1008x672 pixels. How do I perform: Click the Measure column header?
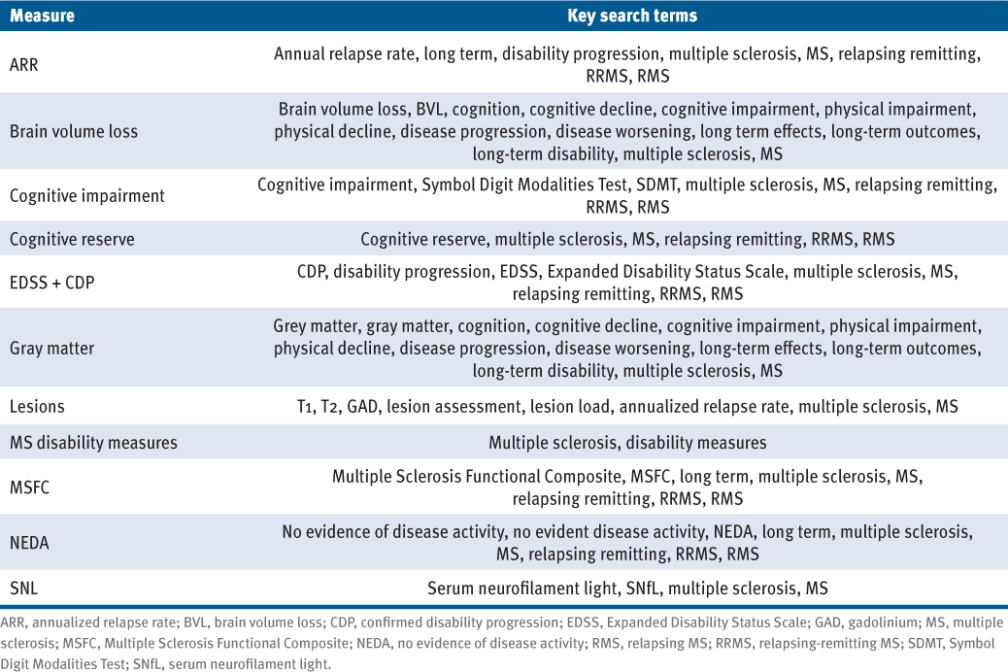(42, 16)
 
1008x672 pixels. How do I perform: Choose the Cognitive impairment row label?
(87, 195)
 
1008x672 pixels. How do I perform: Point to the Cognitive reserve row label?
(72, 239)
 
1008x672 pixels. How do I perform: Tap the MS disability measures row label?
(93, 443)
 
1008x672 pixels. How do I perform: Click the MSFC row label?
(29, 487)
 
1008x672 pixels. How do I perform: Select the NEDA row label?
(30, 542)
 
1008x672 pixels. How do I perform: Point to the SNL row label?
(23, 588)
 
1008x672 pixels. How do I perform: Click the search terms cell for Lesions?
(627, 407)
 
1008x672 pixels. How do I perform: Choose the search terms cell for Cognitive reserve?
(627, 239)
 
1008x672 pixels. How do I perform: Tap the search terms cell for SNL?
(627, 588)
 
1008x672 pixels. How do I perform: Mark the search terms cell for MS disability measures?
(627, 443)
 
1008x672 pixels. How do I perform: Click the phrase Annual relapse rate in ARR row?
(346, 53)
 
